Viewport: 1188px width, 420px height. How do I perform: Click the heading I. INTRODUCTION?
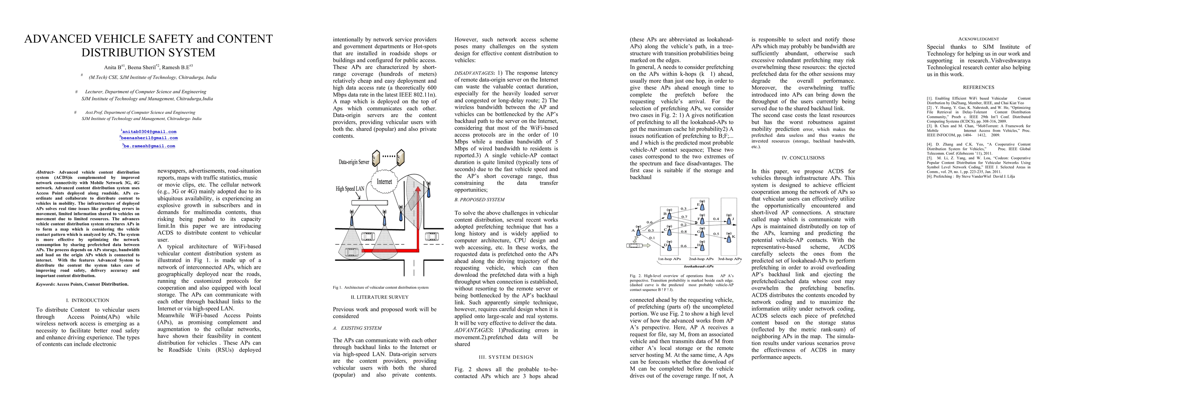pos(88,300)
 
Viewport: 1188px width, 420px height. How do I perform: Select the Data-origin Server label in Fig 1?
pos(354,162)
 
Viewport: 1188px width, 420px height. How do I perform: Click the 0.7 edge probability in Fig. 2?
pos(684,217)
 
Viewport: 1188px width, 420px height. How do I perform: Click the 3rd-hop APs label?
pos(730,259)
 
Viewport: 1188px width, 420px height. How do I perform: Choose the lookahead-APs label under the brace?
pos(699,266)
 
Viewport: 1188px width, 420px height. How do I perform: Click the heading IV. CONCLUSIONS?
pos(803,157)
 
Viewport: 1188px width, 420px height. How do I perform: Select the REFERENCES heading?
pos(979,87)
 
